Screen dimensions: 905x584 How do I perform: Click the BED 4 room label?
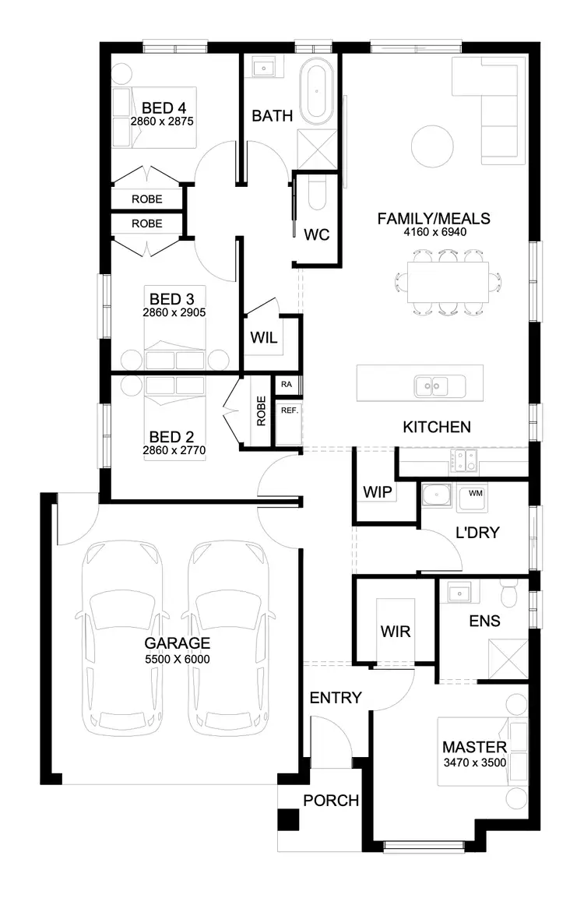[x=163, y=107]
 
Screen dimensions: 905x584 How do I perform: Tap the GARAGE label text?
[x=178, y=643]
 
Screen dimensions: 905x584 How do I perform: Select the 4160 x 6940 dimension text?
[x=434, y=231]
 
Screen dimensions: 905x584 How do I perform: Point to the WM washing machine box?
[x=474, y=493]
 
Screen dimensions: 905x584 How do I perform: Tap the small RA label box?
[x=287, y=384]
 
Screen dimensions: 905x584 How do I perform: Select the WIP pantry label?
[x=378, y=492]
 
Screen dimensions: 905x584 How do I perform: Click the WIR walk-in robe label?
[x=396, y=632]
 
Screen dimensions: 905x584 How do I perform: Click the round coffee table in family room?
[x=431, y=146]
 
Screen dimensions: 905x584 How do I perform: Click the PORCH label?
[x=331, y=800]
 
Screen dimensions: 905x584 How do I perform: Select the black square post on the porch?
[x=288, y=821]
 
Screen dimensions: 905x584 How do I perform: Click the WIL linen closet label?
[x=262, y=338]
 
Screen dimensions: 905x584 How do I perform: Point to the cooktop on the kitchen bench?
[x=465, y=462]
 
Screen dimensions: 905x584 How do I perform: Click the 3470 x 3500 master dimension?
[x=475, y=762]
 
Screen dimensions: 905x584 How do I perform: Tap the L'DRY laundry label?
[x=477, y=533]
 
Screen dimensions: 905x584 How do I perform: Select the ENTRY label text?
[x=336, y=697]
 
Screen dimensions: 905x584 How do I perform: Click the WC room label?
[x=315, y=234]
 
